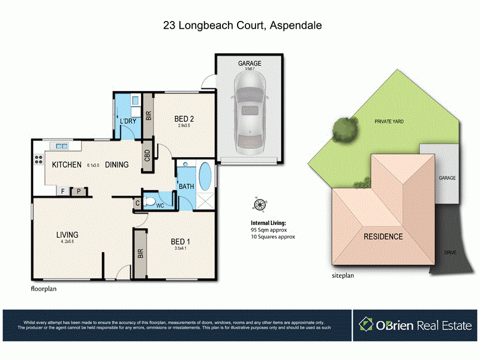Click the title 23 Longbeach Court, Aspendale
(x=239, y=26)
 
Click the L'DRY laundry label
(x=129, y=122)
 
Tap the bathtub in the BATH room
(x=205, y=176)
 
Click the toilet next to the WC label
(x=150, y=202)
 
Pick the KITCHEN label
(x=66, y=164)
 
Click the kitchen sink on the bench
(x=61, y=145)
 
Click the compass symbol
(x=260, y=205)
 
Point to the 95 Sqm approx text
(x=269, y=229)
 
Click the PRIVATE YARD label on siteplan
(x=389, y=121)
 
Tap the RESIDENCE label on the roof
(x=383, y=236)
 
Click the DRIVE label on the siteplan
(x=450, y=253)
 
